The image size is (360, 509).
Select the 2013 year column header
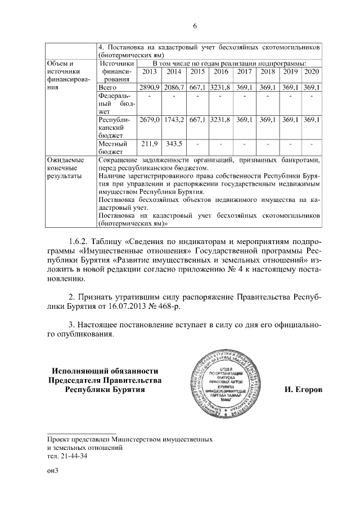(x=150, y=71)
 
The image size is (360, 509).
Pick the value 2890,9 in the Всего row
(x=150, y=88)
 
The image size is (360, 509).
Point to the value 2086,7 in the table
(x=174, y=88)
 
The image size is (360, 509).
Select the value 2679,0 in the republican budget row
(x=150, y=120)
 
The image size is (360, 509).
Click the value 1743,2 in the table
(x=174, y=120)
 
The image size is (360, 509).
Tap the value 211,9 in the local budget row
(x=150, y=144)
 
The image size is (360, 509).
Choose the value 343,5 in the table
(x=174, y=144)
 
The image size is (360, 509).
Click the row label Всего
(x=107, y=88)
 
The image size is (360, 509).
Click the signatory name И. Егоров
(x=304, y=390)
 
